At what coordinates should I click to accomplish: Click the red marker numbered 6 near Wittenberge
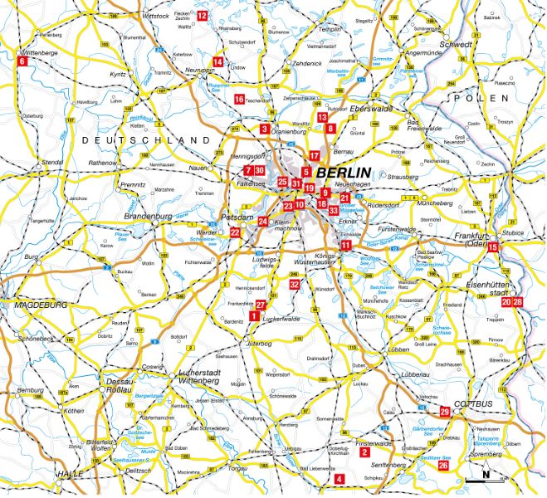[x=22, y=61]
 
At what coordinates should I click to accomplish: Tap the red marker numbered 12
[x=203, y=16]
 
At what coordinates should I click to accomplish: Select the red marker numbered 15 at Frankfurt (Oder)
[x=493, y=247]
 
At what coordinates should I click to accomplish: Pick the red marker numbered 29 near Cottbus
[x=445, y=412]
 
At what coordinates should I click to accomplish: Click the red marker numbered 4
[x=339, y=478]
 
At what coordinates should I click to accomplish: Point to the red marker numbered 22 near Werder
[x=235, y=232]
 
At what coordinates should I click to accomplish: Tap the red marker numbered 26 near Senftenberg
[x=443, y=466]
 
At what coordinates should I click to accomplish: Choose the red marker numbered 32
[x=295, y=285]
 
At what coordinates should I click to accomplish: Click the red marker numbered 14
[x=217, y=61]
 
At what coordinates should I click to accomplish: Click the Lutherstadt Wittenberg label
[x=202, y=375]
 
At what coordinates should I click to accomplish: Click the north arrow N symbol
[x=488, y=476]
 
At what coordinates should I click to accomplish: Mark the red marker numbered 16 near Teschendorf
[x=239, y=100]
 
